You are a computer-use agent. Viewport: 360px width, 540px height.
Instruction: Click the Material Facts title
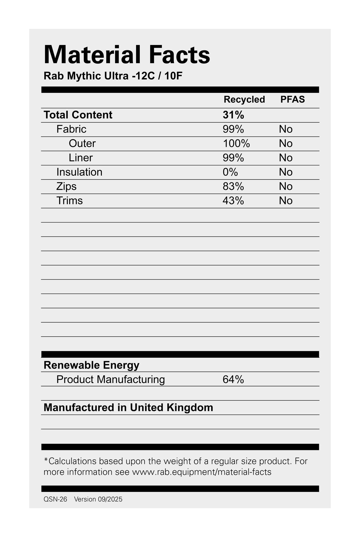tap(127, 55)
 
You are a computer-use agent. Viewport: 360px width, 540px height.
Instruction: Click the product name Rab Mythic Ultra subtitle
tap(113, 76)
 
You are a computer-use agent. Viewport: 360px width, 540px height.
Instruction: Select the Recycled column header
tap(244, 100)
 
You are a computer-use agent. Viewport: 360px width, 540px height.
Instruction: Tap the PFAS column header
tap(292, 100)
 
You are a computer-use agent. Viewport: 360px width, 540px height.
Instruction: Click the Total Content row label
tap(78, 115)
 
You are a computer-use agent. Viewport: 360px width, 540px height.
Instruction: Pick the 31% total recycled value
tap(233, 115)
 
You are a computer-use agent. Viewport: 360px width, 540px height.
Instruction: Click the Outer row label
tap(82, 143)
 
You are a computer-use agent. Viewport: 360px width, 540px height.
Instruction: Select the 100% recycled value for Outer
tap(236, 143)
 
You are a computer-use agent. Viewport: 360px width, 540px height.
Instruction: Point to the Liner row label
tap(80, 158)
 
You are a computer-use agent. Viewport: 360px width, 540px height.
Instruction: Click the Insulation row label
tap(79, 172)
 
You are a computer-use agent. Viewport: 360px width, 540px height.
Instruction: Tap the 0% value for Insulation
tap(230, 172)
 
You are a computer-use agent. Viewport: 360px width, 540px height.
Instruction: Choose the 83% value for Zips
tap(233, 186)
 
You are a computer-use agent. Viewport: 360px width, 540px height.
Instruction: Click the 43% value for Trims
tap(233, 201)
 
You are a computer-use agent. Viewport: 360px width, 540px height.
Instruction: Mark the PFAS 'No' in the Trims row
tap(286, 201)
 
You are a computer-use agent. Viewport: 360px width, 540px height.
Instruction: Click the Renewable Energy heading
tap(91, 365)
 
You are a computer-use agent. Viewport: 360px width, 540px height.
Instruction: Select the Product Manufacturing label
tap(111, 379)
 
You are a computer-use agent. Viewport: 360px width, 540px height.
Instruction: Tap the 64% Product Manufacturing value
tap(233, 379)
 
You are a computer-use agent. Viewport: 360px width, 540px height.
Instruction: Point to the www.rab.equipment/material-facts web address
tap(202, 472)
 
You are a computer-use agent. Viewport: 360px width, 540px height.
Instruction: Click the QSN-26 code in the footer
tap(55, 499)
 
